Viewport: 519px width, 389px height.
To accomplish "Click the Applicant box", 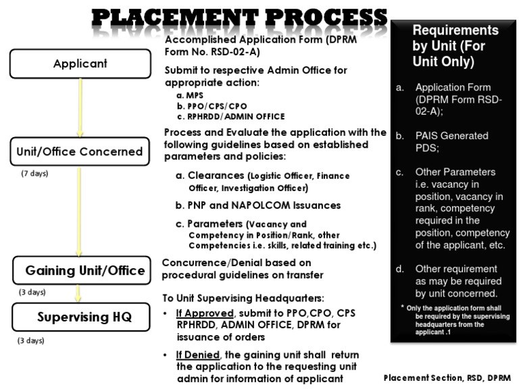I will click(x=80, y=64).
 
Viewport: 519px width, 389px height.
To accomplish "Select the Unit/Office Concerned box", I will click(x=80, y=152).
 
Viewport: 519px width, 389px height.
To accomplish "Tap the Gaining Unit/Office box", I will click(x=80, y=271).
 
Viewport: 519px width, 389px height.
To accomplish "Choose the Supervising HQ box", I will click(x=80, y=317).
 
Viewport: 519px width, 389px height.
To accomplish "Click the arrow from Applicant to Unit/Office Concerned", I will click(x=80, y=108).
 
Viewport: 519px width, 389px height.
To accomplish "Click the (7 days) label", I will click(x=35, y=174).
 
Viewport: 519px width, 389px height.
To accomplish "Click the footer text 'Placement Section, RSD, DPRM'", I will click(x=447, y=378).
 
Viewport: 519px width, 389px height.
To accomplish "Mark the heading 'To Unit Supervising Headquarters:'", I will click(x=247, y=298).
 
